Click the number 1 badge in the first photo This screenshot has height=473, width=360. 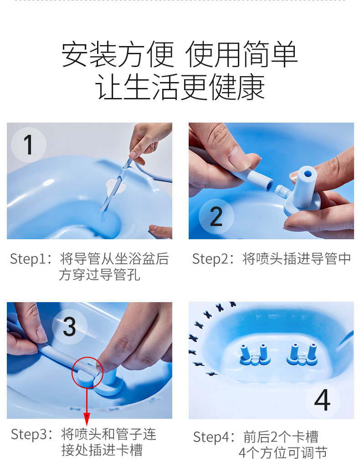tap(28, 145)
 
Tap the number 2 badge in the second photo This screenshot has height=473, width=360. tap(216, 216)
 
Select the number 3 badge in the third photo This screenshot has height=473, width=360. tap(69, 327)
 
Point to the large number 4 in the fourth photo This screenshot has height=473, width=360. tap(322, 400)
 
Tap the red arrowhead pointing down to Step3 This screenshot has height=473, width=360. tap(87, 419)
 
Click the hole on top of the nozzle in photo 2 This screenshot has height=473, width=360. tap(308, 174)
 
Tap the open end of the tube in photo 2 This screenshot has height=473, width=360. tap(269, 185)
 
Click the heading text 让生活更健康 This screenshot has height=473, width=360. tap(180, 87)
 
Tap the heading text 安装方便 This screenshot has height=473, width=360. tap(118, 54)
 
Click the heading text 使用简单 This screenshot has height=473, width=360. tap(242, 54)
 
